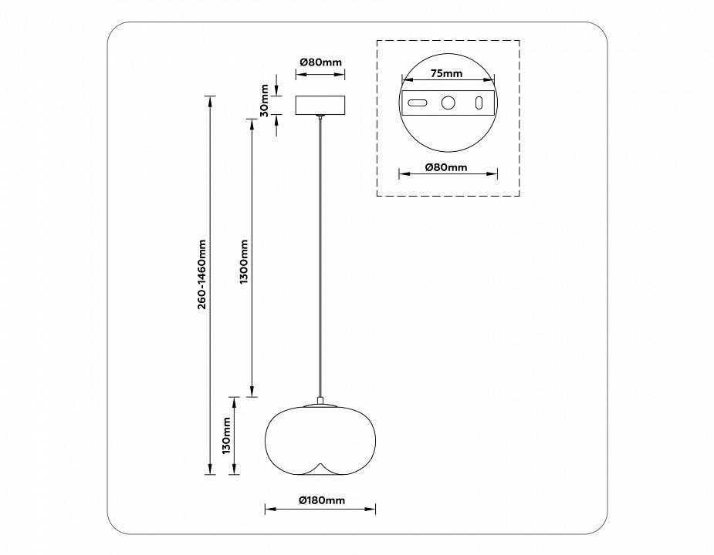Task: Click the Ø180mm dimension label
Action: pyautogui.click(x=321, y=500)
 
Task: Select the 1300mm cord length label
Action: pyautogui.click(x=243, y=262)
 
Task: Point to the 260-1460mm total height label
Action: pyautogui.click(x=201, y=274)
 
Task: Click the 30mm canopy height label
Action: pyautogui.click(x=264, y=100)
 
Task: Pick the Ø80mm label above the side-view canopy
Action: pyautogui.click(x=320, y=62)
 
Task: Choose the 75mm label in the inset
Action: pyautogui.click(x=446, y=74)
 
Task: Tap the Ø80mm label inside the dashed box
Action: pyautogui.click(x=446, y=167)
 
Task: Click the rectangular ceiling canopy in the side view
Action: pyautogui.click(x=321, y=105)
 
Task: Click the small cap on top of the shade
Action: pyautogui.click(x=320, y=402)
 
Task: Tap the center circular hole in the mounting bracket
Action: pyautogui.click(x=447, y=103)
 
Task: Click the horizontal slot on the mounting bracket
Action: pyautogui.click(x=418, y=103)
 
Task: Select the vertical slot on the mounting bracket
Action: pyautogui.click(x=479, y=103)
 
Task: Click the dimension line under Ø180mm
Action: pyautogui.click(x=320, y=509)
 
